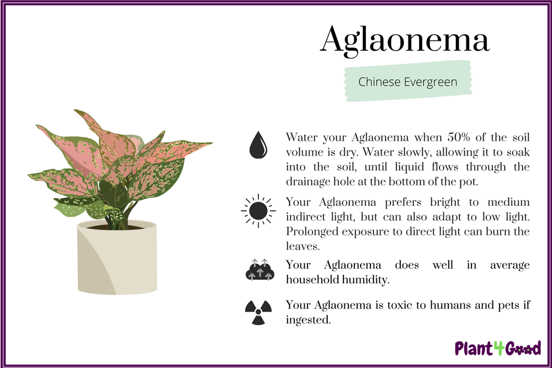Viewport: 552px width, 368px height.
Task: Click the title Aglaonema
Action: pyautogui.click(x=405, y=40)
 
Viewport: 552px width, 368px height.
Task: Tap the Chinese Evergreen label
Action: pyautogui.click(x=407, y=82)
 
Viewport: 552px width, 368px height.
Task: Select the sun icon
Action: pyautogui.click(x=257, y=211)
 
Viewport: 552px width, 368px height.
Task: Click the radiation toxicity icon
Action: pyautogui.click(x=258, y=312)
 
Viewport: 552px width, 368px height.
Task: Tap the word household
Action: pyautogui.click(x=311, y=279)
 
